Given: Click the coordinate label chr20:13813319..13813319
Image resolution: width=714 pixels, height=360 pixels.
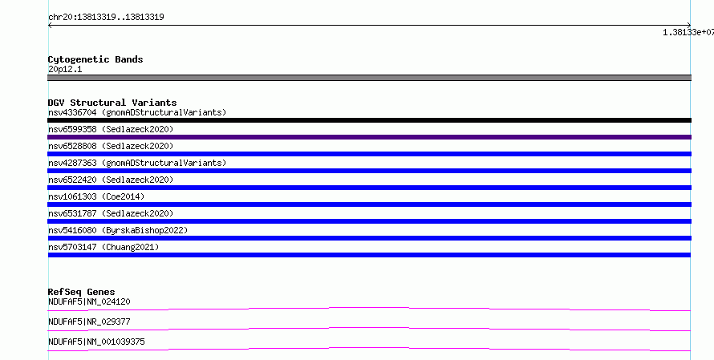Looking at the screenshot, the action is (106, 17).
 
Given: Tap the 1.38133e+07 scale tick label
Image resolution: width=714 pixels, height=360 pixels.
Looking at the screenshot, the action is (688, 32).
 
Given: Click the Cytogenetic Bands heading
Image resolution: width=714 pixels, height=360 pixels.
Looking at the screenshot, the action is (95, 59).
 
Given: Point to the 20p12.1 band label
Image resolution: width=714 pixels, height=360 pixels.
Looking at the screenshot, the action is (65, 69).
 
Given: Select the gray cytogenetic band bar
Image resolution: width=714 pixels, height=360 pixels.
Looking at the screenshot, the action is (369, 78).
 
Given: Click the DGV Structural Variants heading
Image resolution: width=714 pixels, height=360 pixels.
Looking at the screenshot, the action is (112, 103).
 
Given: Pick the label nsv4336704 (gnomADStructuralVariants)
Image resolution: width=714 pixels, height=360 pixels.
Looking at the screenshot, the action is (137, 112).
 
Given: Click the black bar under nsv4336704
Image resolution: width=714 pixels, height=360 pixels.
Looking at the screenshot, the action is (369, 120).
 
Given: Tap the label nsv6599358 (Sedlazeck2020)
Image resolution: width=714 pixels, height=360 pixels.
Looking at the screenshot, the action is (111, 129).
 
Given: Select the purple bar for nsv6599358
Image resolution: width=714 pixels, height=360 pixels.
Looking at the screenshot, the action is (369, 137).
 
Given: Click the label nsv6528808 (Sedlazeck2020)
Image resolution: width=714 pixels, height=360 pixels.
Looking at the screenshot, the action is (111, 146).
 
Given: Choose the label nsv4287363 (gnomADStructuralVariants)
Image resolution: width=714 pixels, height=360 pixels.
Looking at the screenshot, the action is (137, 163).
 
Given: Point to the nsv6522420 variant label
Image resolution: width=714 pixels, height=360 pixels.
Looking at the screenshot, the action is (111, 180).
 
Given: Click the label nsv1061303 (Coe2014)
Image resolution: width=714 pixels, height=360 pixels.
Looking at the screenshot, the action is (96, 196).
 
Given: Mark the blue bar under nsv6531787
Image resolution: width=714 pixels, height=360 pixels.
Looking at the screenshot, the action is (369, 221).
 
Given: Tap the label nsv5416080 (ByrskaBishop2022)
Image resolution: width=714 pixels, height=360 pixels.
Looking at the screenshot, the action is (118, 230).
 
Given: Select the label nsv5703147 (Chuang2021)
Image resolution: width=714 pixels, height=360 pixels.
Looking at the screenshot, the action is (103, 247).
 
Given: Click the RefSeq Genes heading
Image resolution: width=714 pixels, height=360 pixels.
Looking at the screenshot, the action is (82, 292).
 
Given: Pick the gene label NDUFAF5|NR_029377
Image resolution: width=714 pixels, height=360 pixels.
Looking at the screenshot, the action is (89, 322).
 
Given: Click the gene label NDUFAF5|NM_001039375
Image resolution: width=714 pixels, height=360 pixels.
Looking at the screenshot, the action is (96, 342).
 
